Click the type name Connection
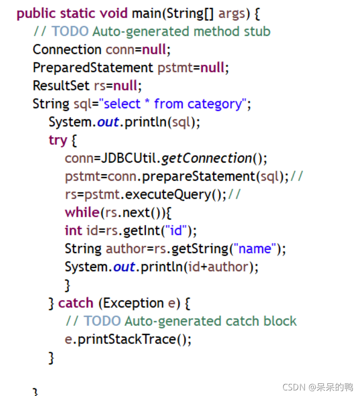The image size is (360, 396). (67, 49)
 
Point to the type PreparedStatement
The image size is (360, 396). (93, 68)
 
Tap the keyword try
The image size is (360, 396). (58, 140)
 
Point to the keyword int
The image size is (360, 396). (73, 231)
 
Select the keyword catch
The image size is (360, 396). (75, 303)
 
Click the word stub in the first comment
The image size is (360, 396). (257, 31)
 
